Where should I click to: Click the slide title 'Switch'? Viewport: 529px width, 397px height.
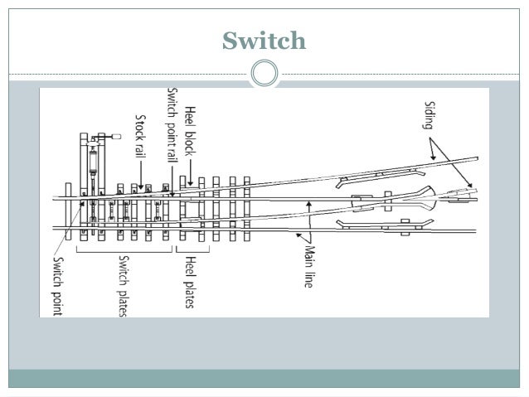(264, 40)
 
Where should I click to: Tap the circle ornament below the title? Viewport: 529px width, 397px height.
(264, 75)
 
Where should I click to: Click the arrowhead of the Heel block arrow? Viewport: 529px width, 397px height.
(191, 184)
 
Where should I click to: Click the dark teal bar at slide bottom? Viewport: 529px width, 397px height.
(264, 378)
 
